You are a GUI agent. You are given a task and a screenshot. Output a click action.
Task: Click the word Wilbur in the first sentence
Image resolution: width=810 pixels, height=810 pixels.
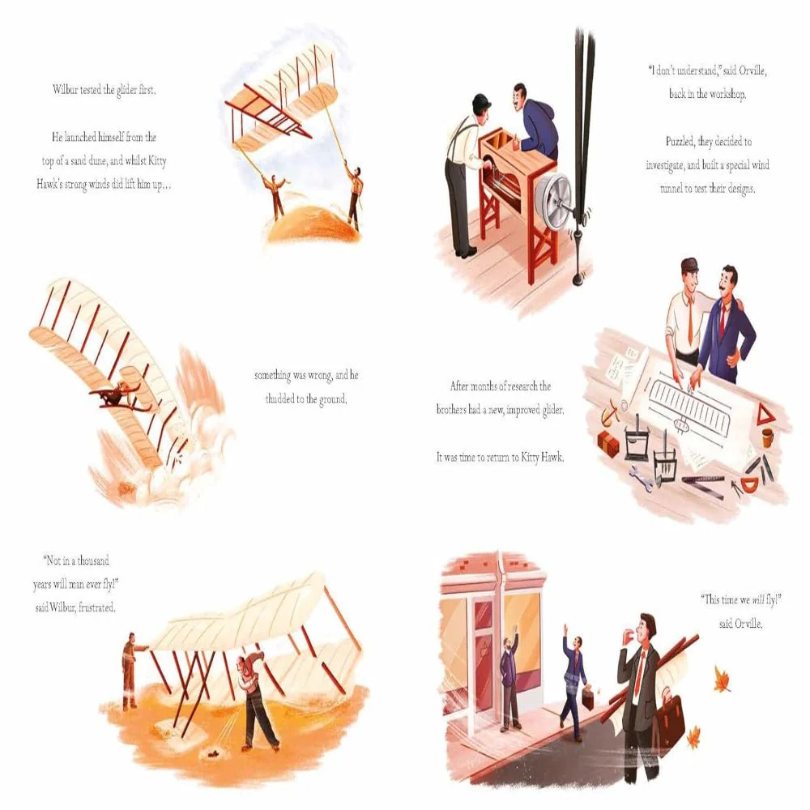click(65, 90)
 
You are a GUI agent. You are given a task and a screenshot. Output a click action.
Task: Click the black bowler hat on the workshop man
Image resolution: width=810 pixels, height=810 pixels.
click(481, 100)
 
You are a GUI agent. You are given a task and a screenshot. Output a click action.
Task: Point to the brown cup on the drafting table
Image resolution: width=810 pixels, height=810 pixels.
click(768, 437)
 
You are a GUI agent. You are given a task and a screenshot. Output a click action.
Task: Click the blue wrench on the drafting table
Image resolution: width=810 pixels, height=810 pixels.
click(641, 477)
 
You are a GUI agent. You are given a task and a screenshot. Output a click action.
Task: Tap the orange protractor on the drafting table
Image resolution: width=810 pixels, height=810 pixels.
click(749, 484)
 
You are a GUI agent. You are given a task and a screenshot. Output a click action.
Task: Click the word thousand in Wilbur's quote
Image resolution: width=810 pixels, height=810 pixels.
click(93, 561)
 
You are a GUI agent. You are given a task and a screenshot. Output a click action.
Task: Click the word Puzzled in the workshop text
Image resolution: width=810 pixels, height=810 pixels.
click(680, 141)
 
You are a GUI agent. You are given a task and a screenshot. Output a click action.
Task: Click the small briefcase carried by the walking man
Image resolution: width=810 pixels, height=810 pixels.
click(590, 695)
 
